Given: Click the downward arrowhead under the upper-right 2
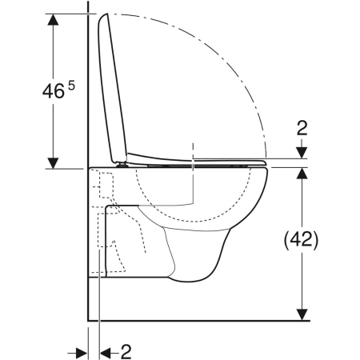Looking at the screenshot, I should click(302, 154).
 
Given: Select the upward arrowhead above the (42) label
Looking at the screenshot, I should click(302, 175).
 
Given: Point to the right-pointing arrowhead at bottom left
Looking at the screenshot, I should click(82, 350).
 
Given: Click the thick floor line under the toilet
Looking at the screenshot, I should click(200, 319).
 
